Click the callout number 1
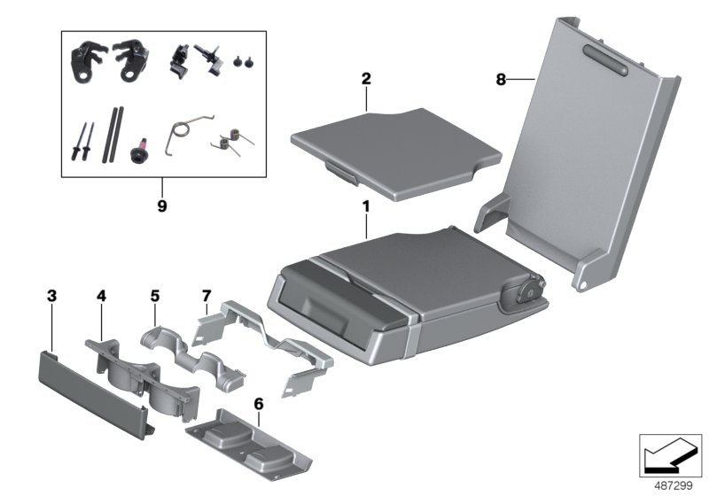365,208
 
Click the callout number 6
258,404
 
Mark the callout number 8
502,80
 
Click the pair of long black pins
114,133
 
